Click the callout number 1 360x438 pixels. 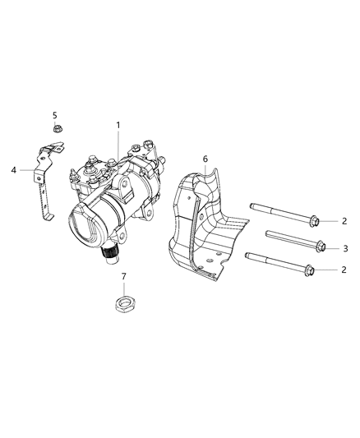tap(118, 125)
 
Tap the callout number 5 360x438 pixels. tap(55, 115)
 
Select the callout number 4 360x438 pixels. tap(14, 170)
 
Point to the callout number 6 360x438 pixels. tap(205, 159)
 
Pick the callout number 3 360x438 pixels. tap(345, 247)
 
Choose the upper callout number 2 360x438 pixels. tap(345, 220)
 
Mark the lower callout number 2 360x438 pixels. tap(345, 270)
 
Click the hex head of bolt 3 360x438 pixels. tap(321, 247)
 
